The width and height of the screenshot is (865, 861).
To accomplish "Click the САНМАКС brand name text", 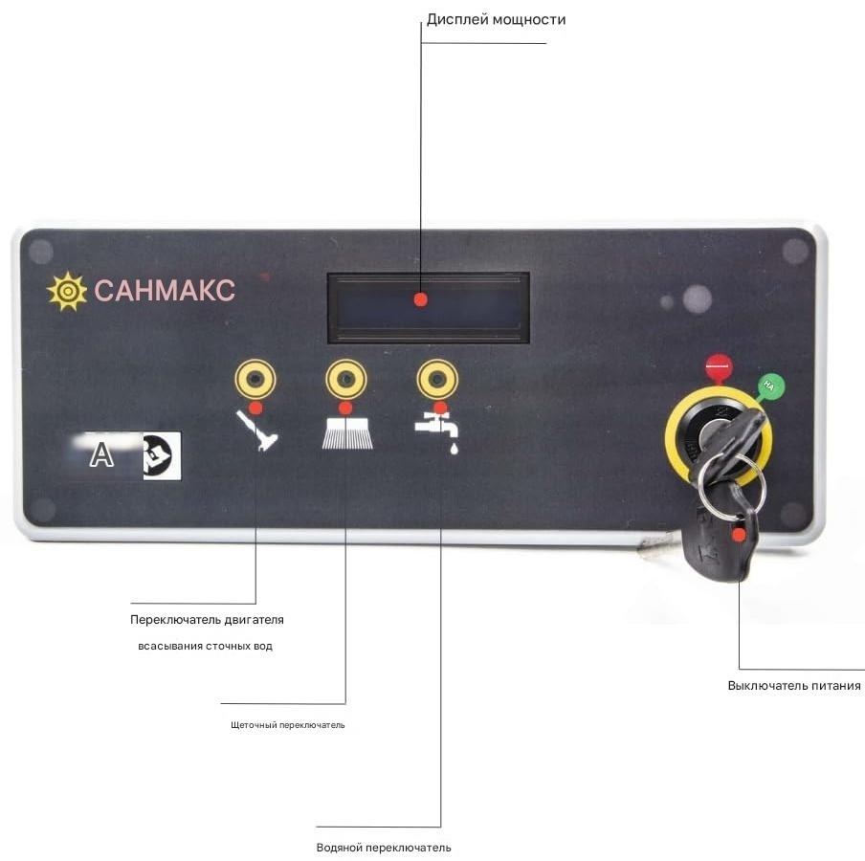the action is pos(165,290).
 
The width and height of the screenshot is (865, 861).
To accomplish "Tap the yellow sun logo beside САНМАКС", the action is pos(67,291).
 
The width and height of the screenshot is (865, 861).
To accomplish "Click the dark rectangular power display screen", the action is pos(428,308).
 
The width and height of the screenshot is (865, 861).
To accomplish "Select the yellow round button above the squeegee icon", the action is pos(255,379).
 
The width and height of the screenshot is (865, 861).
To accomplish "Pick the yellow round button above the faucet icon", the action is pos(437,379).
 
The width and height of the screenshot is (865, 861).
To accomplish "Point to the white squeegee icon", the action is pos(257,430).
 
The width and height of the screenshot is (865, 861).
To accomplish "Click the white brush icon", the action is pos(347,433).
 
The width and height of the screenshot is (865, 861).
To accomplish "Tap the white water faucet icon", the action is pos(437,432).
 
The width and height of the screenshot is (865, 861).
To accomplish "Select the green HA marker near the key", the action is pos(770,386).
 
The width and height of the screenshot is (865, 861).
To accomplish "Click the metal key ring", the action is pos(731,487).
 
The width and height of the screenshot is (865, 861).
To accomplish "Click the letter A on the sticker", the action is pos(101,455).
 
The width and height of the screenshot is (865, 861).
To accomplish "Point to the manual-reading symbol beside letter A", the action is pos(162,455).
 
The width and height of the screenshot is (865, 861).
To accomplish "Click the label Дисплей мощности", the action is pos(496,20).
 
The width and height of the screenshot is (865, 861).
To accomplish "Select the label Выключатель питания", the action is pos(794,686).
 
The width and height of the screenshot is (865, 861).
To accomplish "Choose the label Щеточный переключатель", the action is pos(287,725).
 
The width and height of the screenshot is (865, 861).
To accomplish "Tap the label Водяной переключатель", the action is pos(384,848).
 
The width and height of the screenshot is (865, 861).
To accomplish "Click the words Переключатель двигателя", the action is pos(207,620).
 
